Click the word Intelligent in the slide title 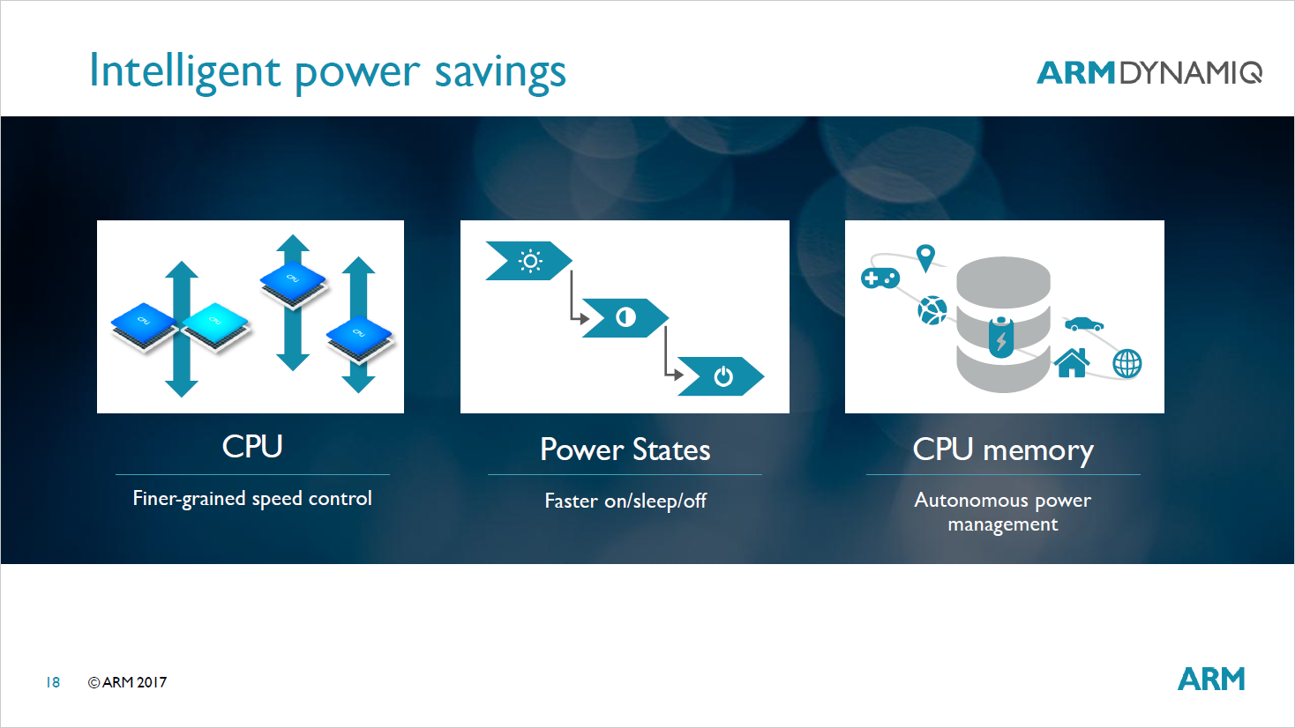coord(185,71)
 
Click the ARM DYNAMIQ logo coord(1149,72)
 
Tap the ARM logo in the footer coord(1211,680)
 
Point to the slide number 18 coord(53,682)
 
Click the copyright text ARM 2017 coord(128,682)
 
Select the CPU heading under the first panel coord(252,447)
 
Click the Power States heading coord(625,450)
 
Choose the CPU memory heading coord(1003,450)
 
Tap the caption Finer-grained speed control coord(252,499)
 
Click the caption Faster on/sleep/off coord(625,501)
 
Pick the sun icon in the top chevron coord(530,261)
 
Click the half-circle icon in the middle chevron coord(625,317)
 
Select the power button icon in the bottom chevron coord(723,376)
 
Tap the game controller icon coord(880,279)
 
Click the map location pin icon coord(924,258)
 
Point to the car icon coord(1083,323)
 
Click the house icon coord(1072,362)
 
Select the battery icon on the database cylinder coord(1001,336)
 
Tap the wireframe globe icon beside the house coord(1127,363)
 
